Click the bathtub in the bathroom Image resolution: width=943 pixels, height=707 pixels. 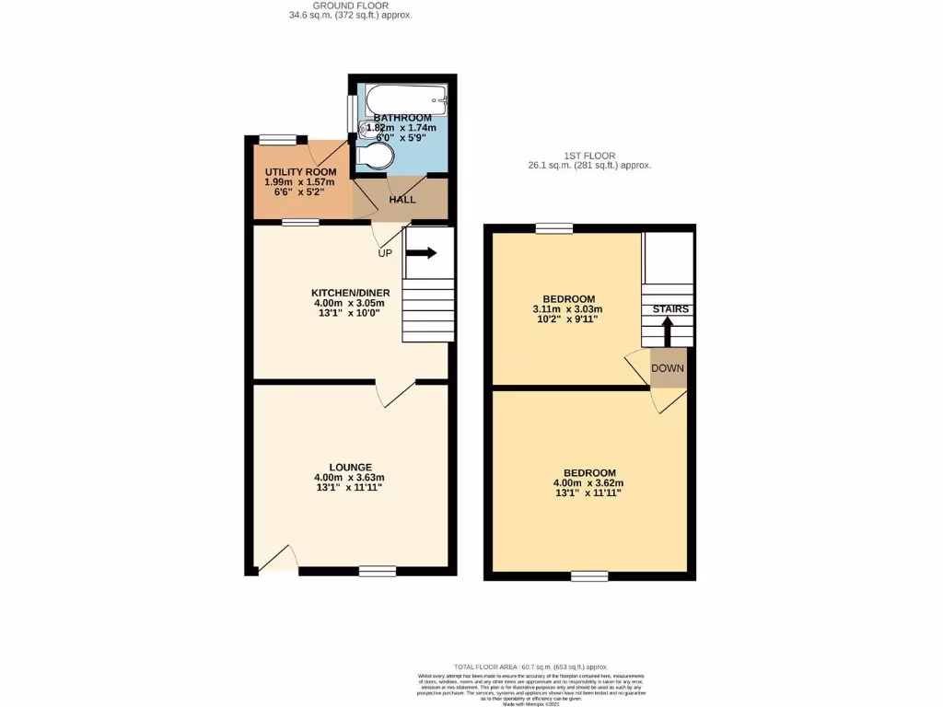point(405,99)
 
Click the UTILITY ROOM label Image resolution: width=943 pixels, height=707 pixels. point(300,172)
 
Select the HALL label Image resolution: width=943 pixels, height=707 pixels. point(402,199)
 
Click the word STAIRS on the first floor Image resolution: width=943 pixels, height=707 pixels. point(670,309)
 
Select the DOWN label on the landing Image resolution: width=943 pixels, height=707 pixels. point(668,368)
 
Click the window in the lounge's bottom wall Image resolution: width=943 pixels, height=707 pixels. point(377,572)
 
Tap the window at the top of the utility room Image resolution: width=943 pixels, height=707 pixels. point(277,139)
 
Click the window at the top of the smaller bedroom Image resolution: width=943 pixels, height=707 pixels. point(553,228)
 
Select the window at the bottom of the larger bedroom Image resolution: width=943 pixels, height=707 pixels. point(588,576)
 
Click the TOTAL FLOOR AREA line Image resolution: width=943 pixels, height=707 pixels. point(530,666)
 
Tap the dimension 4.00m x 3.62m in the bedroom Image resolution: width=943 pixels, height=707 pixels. point(588,483)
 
